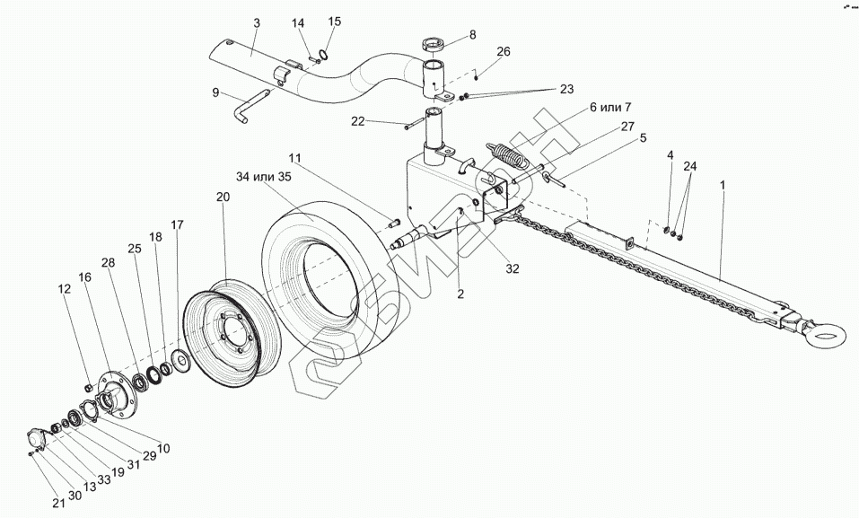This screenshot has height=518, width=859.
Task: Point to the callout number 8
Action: click(x=472, y=35)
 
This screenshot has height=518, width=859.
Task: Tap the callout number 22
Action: click(x=358, y=121)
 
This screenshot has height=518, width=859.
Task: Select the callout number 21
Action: click(x=57, y=503)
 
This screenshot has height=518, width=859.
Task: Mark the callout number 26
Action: click(x=503, y=51)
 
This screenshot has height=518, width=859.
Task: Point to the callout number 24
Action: click(x=689, y=167)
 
